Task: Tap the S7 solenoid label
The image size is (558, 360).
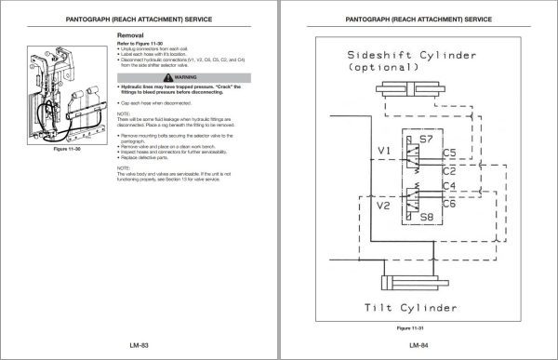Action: click(x=427, y=139)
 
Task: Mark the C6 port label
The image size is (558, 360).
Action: click(x=450, y=204)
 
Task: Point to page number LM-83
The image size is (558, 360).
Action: click(x=139, y=343)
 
